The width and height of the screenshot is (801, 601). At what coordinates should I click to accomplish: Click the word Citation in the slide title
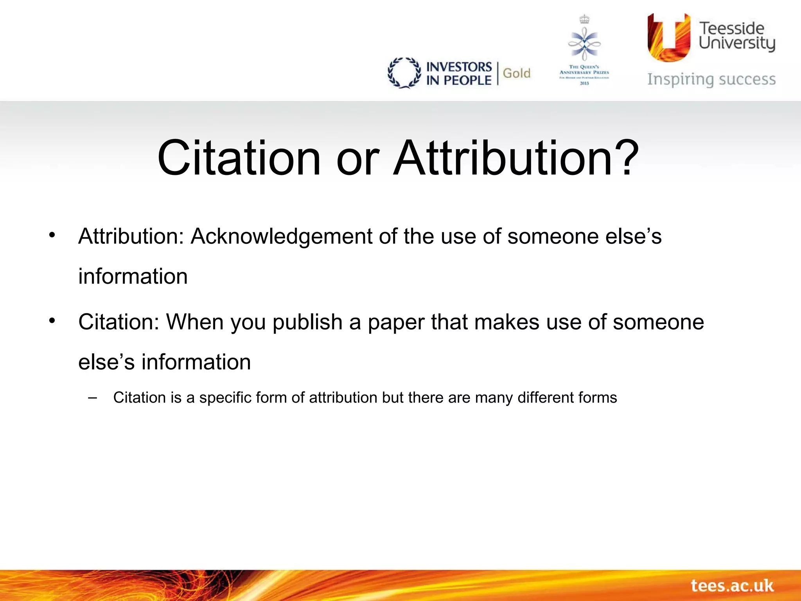click(239, 158)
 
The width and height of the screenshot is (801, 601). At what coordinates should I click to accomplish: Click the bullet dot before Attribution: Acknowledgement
click(52, 235)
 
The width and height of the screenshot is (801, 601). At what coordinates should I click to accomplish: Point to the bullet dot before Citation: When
click(52, 320)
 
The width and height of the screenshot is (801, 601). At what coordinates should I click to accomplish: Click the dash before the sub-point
click(93, 398)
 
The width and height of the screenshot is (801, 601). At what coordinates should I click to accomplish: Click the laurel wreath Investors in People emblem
click(404, 73)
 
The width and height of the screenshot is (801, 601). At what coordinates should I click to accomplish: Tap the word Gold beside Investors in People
click(516, 73)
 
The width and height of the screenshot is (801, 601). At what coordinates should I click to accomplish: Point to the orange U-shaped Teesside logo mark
click(668, 38)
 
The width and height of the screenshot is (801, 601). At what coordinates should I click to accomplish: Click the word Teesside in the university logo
click(731, 28)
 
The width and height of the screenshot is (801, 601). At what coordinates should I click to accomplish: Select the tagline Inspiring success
click(711, 79)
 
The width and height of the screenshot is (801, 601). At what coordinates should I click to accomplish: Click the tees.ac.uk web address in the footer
click(732, 586)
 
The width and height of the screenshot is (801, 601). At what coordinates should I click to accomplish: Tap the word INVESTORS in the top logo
click(459, 67)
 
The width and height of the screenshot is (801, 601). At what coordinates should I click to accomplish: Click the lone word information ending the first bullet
click(133, 276)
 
